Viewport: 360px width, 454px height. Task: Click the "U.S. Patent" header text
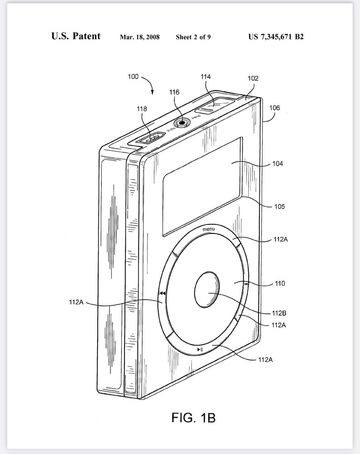(x=76, y=36)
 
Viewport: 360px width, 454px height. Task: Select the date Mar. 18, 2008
(x=140, y=37)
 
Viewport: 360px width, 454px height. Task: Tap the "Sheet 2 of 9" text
(x=193, y=37)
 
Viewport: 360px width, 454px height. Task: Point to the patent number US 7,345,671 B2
(x=276, y=37)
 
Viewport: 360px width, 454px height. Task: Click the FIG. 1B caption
(x=193, y=418)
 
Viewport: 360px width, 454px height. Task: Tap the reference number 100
(x=133, y=76)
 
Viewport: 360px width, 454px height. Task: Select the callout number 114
(x=206, y=76)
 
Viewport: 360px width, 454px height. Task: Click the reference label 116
(x=174, y=92)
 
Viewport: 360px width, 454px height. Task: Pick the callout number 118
(x=142, y=109)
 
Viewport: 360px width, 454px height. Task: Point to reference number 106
(x=274, y=108)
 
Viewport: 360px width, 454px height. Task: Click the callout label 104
(x=277, y=163)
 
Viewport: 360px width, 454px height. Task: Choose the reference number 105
(x=279, y=206)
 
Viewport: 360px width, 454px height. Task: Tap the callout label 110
(x=280, y=283)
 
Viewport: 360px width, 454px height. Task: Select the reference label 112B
(x=279, y=313)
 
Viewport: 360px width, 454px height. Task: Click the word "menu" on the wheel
(x=209, y=229)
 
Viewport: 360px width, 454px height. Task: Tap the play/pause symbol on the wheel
(x=200, y=350)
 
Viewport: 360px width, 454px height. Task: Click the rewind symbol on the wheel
(x=162, y=293)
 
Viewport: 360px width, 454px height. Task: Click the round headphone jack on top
(x=182, y=123)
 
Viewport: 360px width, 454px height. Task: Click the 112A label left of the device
(x=76, y=302)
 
